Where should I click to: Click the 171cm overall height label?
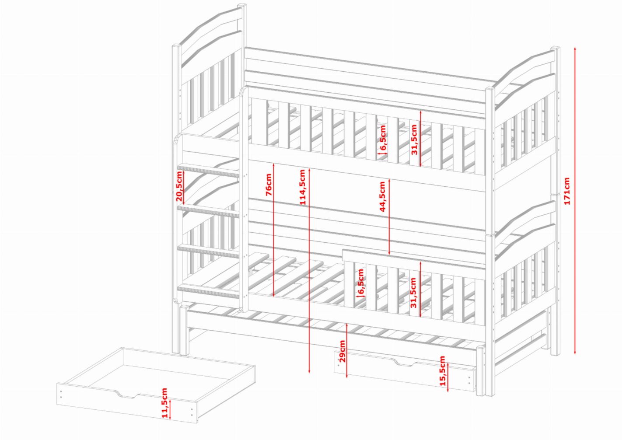point(567,191)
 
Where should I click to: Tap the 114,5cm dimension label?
point(302,187)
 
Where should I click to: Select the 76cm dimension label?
point(269,185)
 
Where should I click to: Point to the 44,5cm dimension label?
point(382,196)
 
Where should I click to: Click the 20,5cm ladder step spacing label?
point(179,186)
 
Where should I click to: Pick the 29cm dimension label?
point(342,351)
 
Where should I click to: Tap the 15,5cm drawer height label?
point(443,370)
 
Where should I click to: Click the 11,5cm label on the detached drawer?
point(164,403)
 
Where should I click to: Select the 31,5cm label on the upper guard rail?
point(414,140)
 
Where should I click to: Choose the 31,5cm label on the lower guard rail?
point(413,293)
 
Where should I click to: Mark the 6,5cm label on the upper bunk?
point(383,137)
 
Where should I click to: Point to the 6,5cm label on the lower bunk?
point(360,281)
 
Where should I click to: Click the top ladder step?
point(208,170)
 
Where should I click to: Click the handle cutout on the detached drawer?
point(128,395)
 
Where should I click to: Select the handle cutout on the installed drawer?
point(405,362)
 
